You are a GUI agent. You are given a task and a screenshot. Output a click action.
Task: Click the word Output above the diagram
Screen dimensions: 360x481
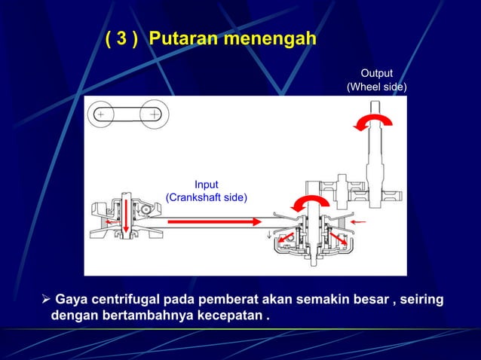(x=376, y=73)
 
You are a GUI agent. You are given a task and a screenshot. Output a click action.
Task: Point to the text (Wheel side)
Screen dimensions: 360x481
(x=376, y=88)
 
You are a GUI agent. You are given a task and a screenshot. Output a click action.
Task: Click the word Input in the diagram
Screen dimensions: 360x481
(x=206, y=185)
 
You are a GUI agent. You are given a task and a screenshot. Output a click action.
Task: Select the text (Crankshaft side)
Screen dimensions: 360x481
(x=206, y=198)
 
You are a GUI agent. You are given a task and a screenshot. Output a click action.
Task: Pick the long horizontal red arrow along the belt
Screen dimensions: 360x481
(x=214, y=222)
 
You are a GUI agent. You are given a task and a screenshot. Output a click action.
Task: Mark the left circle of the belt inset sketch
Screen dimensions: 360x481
(x=101, y=114)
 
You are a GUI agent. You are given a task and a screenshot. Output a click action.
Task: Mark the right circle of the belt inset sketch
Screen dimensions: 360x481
(x=154, y=114)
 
